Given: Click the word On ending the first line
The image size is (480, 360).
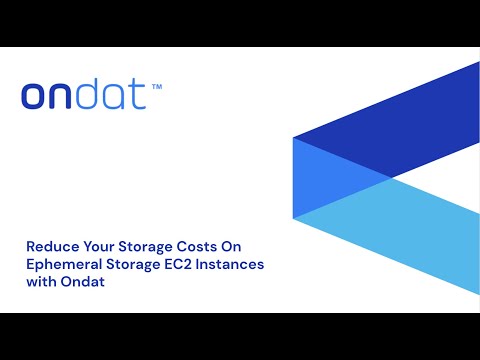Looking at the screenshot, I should coord(232,244).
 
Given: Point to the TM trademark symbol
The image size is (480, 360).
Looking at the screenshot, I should coord(156,87).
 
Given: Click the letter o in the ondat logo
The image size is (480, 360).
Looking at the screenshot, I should coord(35,97).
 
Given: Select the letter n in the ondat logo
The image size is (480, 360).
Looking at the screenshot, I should coord(63,97).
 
